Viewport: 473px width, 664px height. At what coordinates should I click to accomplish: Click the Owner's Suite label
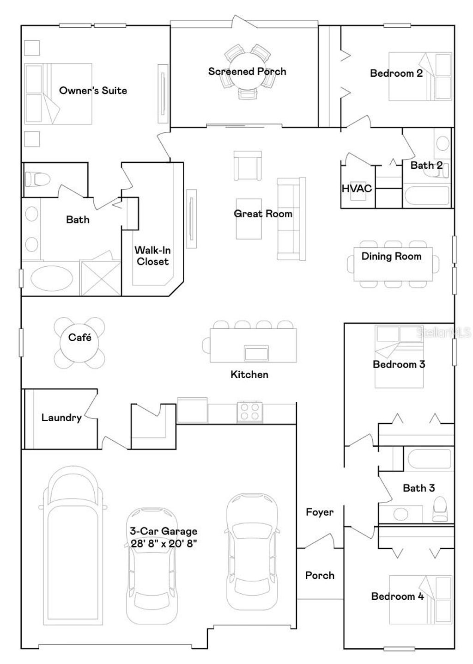pyautogui.click(x=93, y=91)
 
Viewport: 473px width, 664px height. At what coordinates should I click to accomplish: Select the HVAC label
pyautogui.click(x=357, y=188)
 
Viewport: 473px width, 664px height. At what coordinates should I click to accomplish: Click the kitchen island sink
pyautogui.click(x=256, y=353)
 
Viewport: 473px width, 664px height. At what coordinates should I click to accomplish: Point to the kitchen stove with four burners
pyautogui.click(x=250, y=412)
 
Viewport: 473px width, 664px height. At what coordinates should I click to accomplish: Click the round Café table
pyautogui.click(x=79, y=342)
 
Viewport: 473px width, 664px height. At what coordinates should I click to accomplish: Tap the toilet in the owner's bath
pyautogui.click(x=35, y=178)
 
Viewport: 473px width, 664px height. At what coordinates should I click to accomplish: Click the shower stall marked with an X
pyautogui.click(x=100, y=278)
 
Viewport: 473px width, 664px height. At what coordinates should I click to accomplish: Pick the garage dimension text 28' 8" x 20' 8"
pyautogui.click(x=164, y=543)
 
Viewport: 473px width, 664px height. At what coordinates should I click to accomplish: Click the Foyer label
pyautogui.click(x=320, y=512)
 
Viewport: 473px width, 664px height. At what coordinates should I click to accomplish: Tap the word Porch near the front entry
pyautogui.click(x=320, y=575)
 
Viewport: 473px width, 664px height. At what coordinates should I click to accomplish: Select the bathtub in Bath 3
pyautogui.click(x=429, y=459)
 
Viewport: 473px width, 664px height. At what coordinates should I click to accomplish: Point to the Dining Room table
pyautogui.click(x=393, y=264)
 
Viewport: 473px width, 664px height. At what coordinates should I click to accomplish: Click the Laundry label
pyautogui.click(x=61, y=418)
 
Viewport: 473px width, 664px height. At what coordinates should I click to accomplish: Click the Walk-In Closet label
pyautogui.click(x=152, y=256)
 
